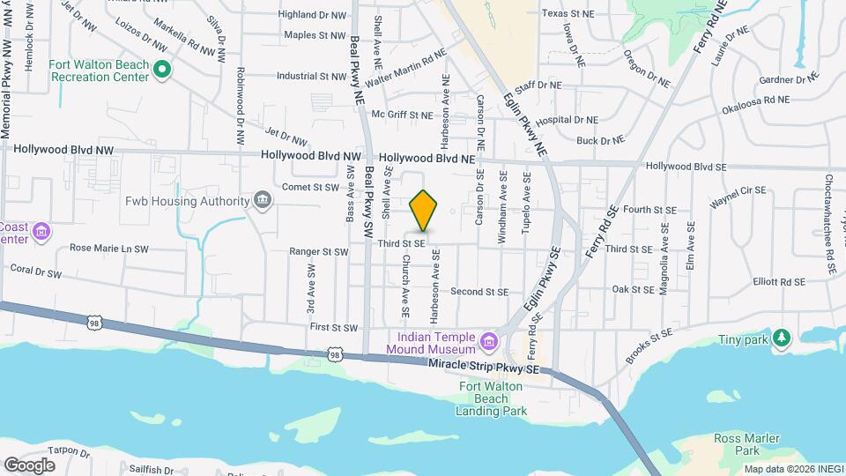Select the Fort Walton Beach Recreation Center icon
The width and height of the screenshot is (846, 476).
[x=161, y=70]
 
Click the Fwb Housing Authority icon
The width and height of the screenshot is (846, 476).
[x=262, y=201]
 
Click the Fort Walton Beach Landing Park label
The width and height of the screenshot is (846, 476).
[x=493, y=398]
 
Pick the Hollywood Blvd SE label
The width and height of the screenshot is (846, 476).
[x=686, y=166]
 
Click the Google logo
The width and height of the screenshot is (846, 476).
[x=29, y=465]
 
